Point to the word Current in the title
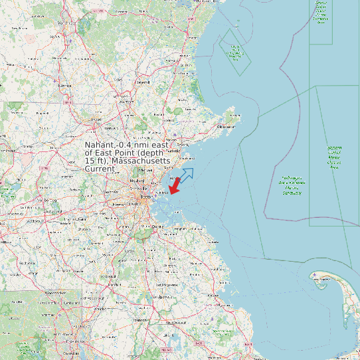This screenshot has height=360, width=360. click(x=100, y=169)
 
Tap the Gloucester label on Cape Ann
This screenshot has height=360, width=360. click(x=226, y=126)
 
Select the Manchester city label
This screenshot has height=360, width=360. click(x=66, y=23)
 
